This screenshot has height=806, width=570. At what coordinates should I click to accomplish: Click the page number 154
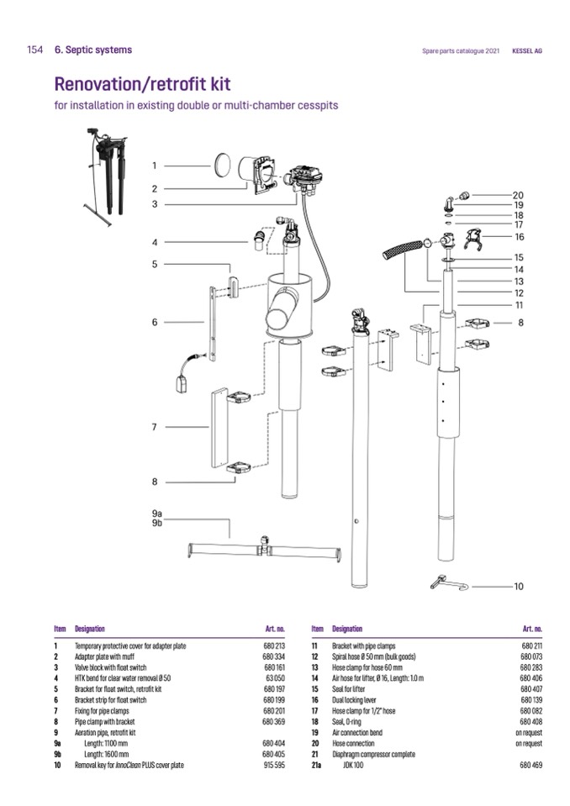(34, 50)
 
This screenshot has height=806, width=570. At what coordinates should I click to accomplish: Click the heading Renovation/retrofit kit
(142, 84)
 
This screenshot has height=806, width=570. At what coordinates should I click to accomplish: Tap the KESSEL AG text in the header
(527, 51)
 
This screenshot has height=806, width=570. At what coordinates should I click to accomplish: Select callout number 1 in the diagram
(154, 166)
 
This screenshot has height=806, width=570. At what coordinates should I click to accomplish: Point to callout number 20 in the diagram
(518, 195)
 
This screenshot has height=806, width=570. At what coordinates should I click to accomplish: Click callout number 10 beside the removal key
(518, 587)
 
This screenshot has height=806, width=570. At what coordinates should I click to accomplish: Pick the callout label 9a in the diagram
(157, 513)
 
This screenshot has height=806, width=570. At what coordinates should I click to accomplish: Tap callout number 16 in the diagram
(519, 237)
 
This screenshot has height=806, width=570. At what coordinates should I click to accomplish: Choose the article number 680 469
(531, 766)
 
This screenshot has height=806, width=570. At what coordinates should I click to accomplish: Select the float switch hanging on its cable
(182, 383)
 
